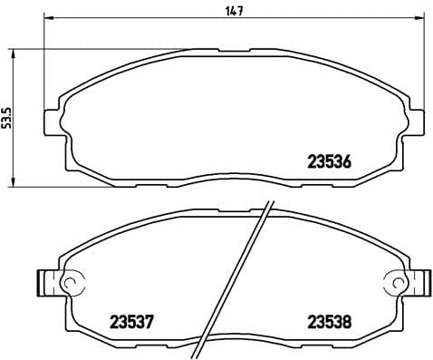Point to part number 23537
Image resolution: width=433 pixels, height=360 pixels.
click(x=134, y=319)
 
